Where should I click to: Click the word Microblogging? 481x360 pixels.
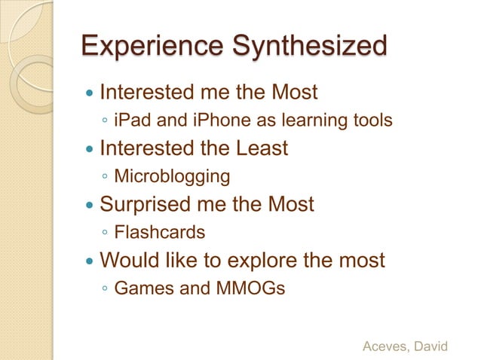tap(172, 176)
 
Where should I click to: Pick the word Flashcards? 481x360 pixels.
tap(159, 233)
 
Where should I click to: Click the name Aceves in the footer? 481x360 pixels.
tap(386, 346)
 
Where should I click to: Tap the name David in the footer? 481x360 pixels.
tap(432, 346)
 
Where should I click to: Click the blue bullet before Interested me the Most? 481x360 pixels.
tap(90, 94)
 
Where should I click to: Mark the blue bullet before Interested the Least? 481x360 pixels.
tap(90, 150)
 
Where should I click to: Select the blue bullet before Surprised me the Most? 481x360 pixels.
tap(90, 206)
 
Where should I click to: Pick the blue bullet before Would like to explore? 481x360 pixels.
tap(90, 262)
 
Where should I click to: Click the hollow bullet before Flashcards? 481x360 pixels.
tap(105, 233)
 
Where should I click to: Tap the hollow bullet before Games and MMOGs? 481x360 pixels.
tap(105, 290)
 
